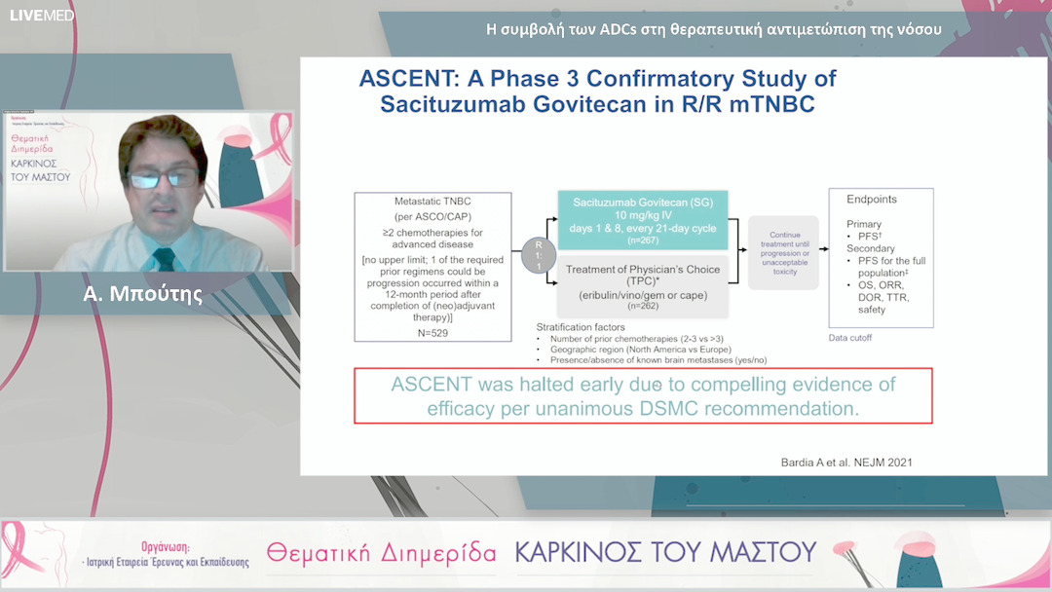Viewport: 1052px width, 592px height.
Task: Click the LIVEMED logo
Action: coord(42,16)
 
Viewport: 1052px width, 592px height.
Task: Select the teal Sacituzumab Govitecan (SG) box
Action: coord(643,220)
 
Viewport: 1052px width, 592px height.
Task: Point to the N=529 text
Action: coord(433,333)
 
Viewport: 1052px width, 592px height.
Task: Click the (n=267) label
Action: coord(643,240)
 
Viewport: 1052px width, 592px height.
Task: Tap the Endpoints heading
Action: coord(872,200)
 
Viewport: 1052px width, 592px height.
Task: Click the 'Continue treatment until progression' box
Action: coord(784,253)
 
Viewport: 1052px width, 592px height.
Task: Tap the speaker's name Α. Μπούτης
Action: coord(143,294)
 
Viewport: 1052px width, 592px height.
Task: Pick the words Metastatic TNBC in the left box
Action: coord(432,202)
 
